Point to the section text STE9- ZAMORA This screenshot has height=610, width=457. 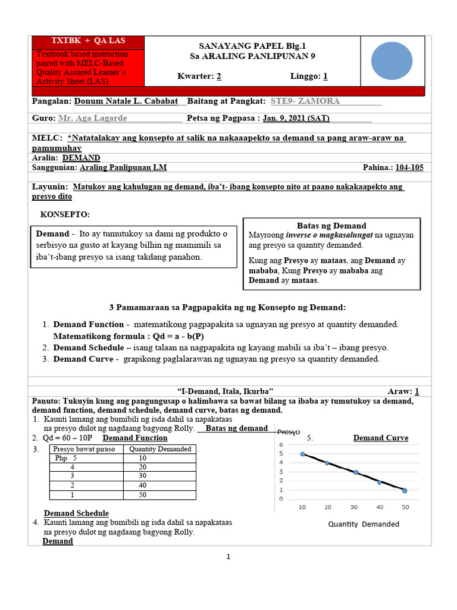(305, 101)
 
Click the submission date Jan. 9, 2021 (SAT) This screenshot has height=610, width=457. (296, 119)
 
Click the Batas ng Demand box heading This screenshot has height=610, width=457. (331, 225)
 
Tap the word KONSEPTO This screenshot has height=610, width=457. (65, 214)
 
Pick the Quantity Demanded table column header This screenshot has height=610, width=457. (159, 449)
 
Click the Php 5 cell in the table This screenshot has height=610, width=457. (66, 458)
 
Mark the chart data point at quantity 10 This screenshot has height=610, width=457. (303, 454)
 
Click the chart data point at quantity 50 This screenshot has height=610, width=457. (405, 490)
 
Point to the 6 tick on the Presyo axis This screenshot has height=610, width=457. (281, 445)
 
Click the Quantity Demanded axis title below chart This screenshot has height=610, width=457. (364, 524)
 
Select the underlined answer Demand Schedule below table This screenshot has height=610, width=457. (76, 513)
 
